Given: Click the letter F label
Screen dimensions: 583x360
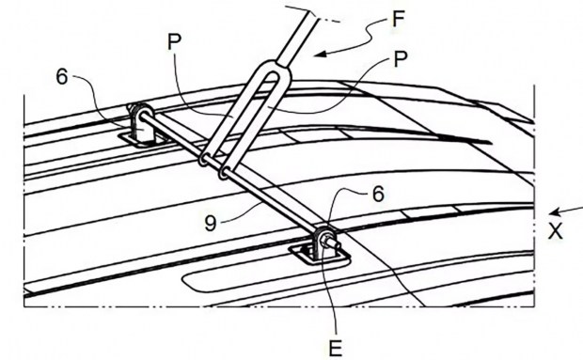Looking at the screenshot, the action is click(x=398, y=19).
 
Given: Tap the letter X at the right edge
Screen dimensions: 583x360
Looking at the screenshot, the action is click(x=556, y=231).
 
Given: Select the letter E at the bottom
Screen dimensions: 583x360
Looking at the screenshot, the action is click(x=335, y=349).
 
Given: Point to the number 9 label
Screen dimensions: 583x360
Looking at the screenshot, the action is click(x=211, y=224).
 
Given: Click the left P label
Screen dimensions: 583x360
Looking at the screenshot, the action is click(x=174, y=41).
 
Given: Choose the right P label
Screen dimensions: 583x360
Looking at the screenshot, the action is click(x=400, y=59).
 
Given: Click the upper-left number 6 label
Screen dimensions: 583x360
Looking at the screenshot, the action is click(x=62, y=77).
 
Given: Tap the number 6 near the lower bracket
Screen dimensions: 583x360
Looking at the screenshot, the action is click(x=378, y=195).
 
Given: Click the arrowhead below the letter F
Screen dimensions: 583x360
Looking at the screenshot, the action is click(x=321, y=55).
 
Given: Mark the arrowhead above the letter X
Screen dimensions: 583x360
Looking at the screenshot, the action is click(x=555, y=212).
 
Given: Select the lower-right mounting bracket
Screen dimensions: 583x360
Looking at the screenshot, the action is click(x=324, y=243).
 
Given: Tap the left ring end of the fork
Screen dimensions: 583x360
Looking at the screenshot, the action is click(x=204, y=160).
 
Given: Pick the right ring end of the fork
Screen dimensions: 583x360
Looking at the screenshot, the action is click(x=224, y=173).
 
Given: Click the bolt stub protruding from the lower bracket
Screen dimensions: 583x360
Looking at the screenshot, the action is click(x=333, y=242).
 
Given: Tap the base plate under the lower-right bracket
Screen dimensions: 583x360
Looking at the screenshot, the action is click(x=320, y=256).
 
